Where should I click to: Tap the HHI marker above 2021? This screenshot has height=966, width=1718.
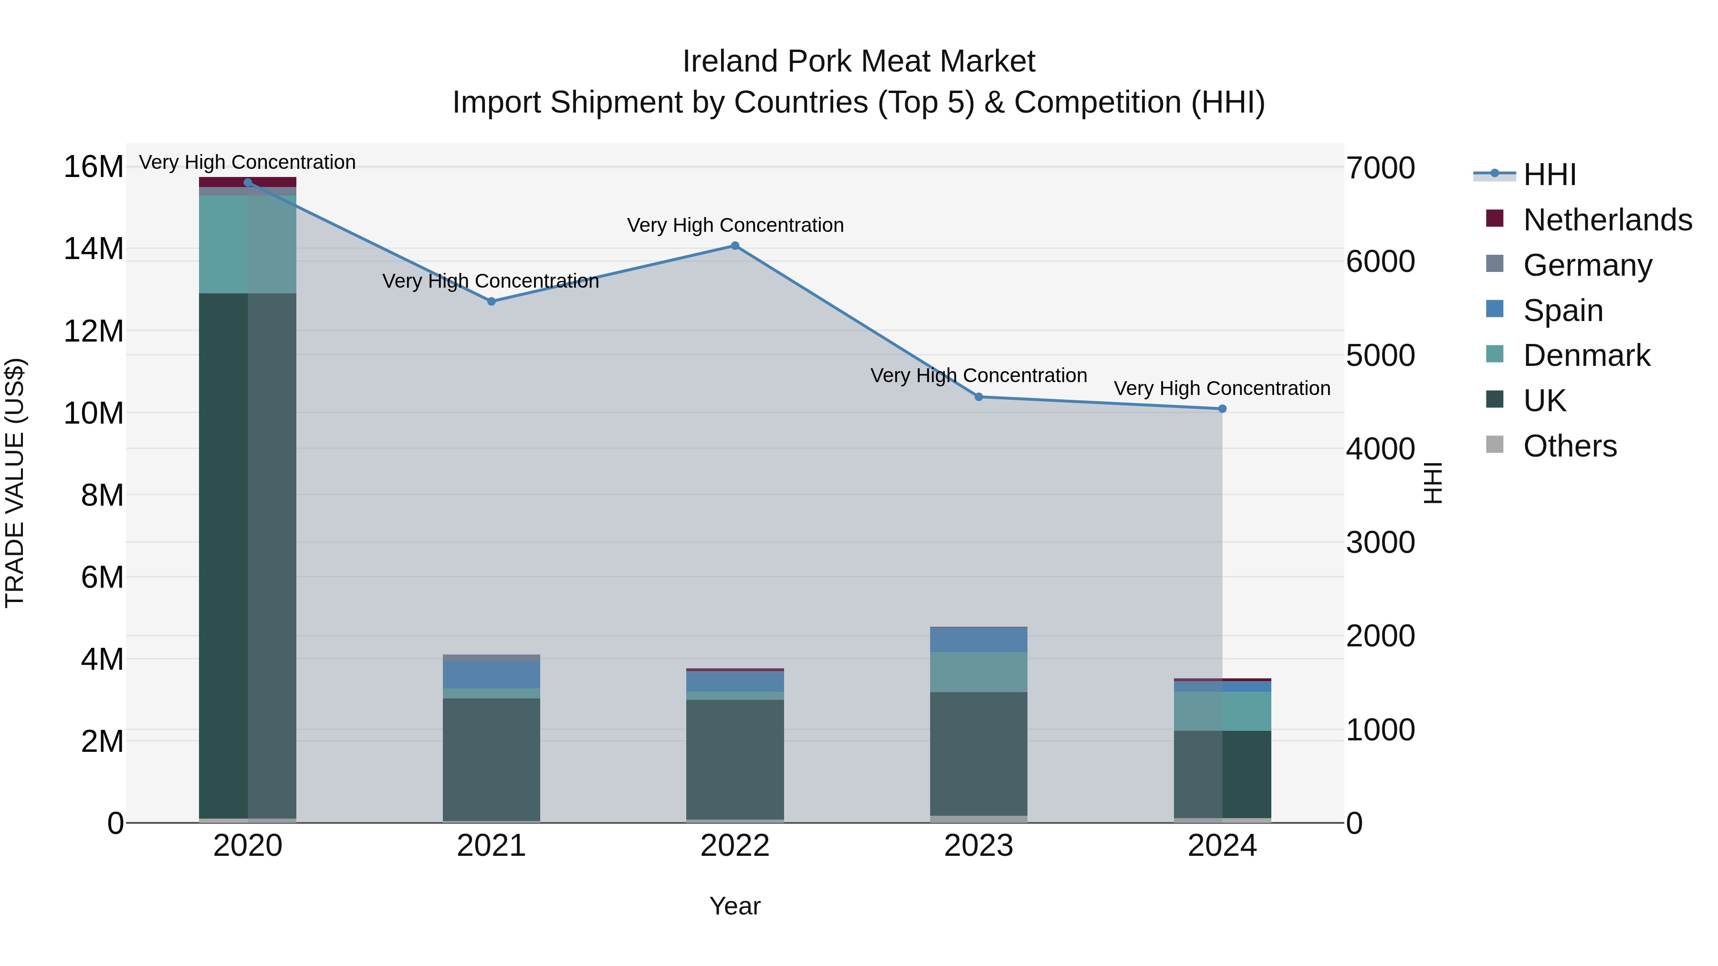[x=492, y=301]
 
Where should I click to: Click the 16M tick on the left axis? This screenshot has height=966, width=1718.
[x=94, y=166]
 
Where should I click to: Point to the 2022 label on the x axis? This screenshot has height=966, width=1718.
[x=735, y=846]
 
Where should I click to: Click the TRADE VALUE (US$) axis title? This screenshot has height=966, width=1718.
[x=15, y=483]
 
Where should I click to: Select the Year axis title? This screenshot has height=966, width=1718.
[x=735, y=906]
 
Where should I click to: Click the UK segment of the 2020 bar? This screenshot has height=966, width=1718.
[x=247, y=553]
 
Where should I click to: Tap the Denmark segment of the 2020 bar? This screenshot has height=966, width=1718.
[x=247, y=244]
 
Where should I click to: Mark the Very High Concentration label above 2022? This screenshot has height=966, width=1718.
[x=735, y=225]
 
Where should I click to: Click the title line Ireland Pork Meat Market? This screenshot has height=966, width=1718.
[x=859, y=62]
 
